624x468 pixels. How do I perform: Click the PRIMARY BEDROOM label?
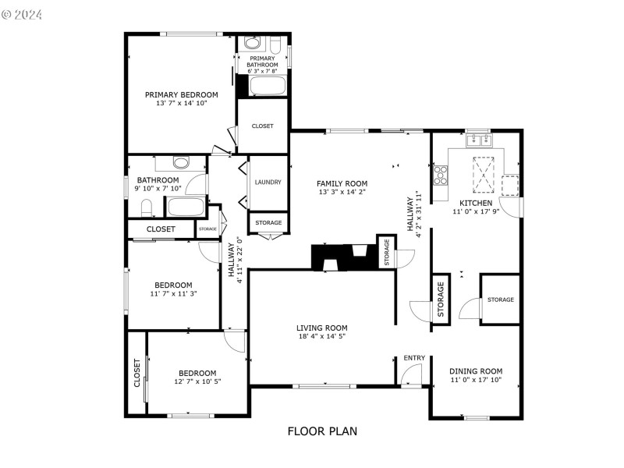(x=181, y=94)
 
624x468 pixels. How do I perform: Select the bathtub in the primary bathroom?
(x=264, y=85)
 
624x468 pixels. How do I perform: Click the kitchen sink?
(x=477, y=140)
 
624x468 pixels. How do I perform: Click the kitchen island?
(x=484, y=174)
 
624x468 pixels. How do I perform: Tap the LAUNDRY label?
(x=268, y=183)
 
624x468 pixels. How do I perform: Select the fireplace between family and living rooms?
(x=343, y=257)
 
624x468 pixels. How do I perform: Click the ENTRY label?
(x=414, y=358)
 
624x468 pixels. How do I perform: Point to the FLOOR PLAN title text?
(x=322, y=431)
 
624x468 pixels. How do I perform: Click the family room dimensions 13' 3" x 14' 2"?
(x=342, y=192)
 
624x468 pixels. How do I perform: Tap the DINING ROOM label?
(x=476, y=371)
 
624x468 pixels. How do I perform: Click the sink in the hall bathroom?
(x=181, y=163)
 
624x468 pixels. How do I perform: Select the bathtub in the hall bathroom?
(x=186, y=207)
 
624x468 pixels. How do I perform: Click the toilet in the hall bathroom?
(x=146, y=207)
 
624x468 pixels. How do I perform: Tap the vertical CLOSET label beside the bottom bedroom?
(x=136, y=373)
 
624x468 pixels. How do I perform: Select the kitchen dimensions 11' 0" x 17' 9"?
(x=476, y=211)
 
